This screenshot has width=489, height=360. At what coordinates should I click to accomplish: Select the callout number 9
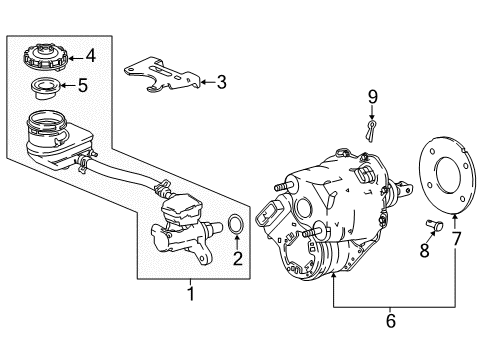pyautogui.click(x=372, y=98)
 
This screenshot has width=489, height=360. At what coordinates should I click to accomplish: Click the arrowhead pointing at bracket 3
pyautogui.click(x=199, y=82)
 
